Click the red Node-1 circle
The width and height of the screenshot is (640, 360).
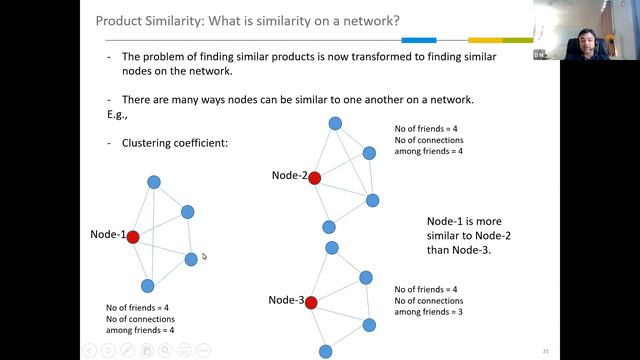pos(132,237)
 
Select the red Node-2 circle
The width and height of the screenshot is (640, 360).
pos(314,178)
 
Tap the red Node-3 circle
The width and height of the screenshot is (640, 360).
pos(311,302)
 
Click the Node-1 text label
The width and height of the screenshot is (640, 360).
pos(107,236)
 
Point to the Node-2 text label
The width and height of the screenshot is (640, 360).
pos(289,176)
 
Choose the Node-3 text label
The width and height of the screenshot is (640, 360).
pos(286,300)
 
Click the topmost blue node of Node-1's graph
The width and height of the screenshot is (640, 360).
pos(154,182)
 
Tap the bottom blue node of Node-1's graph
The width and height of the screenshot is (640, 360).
pos(148,286)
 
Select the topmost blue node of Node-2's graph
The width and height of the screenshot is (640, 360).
pos(336,124)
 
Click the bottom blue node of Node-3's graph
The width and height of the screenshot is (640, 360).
pos(325,351)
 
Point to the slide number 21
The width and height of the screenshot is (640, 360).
pos(546,351)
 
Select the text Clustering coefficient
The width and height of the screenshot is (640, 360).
pos(175,143)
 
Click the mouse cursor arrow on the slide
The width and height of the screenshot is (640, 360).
pos(204,257)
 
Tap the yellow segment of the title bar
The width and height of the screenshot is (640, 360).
pos(485,40)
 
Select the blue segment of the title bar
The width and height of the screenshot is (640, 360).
pos(418,40)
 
